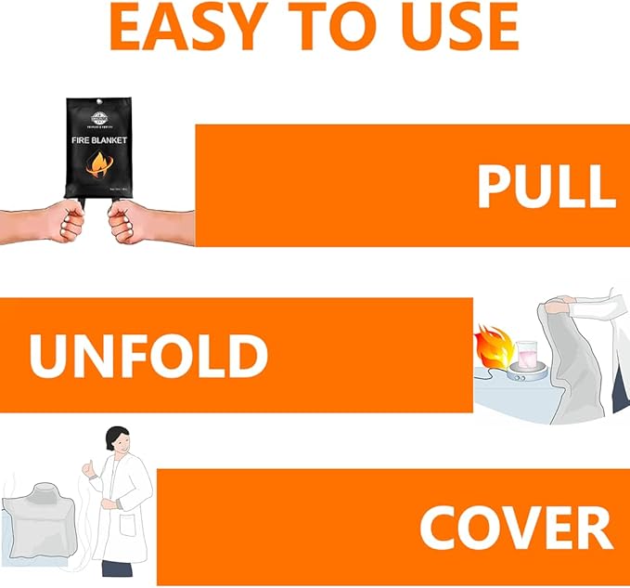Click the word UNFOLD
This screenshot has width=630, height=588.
point(148,355)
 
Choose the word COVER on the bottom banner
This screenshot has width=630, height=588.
point(515,528)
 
